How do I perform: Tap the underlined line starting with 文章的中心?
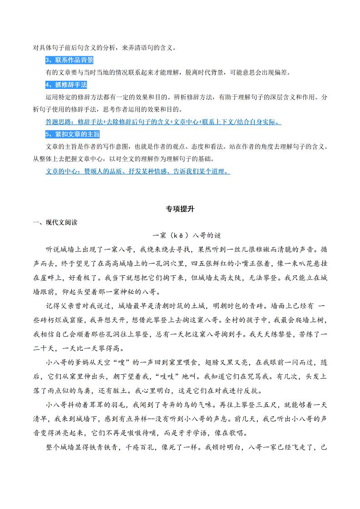point(138,171)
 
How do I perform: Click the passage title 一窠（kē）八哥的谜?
point(187,235)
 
